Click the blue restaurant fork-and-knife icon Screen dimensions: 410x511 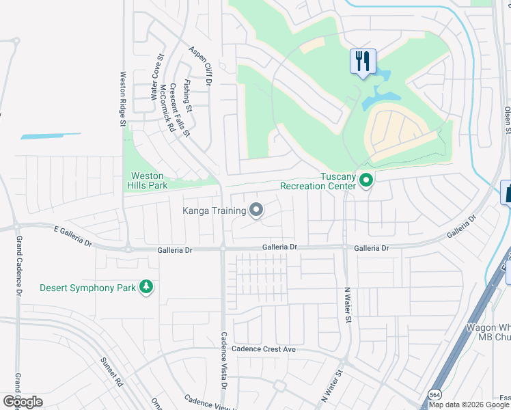coord(362,61)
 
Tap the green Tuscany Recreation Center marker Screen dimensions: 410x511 coord(366,180)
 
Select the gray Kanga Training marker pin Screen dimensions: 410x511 coord(257,210)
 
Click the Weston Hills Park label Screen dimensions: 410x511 coord(147,180)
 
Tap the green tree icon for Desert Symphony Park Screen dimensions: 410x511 coord(146,288)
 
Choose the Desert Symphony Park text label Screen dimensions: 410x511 coord(87,288)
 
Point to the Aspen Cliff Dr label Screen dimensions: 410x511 coord(201,66)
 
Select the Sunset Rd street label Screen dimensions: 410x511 coord(111,372)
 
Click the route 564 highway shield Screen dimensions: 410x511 coord(434,394)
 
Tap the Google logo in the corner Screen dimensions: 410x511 coord(23,401)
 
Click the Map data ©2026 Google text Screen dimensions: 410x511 coord(469,405)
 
